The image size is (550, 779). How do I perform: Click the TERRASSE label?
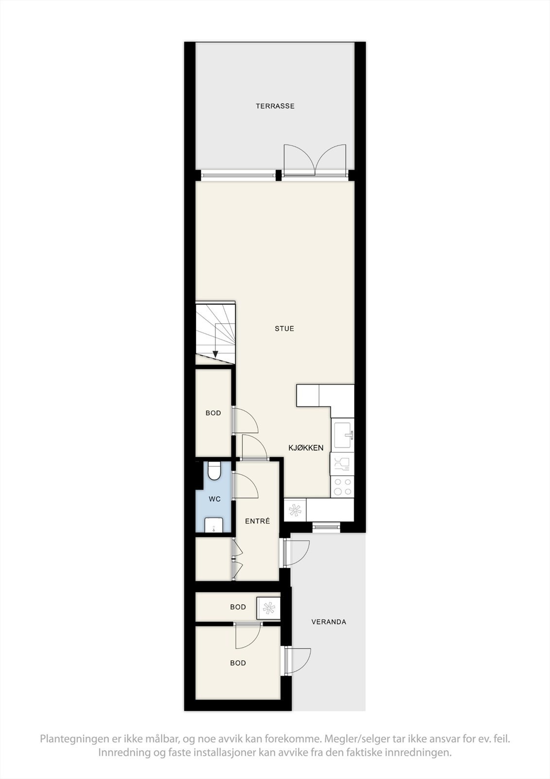[275, 106]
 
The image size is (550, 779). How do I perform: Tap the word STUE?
[284, 329]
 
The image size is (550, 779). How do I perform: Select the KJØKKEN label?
[306, 448]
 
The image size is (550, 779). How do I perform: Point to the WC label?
[214, 499]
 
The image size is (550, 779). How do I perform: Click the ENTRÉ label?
[257, 521]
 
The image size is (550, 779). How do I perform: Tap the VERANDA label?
[329, 622]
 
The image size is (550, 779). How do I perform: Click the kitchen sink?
[343, 435]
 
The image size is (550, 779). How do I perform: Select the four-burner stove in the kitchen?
[342, 486]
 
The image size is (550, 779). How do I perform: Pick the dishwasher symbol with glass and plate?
[342, 464]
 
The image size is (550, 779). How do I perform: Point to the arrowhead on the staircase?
[215, 354]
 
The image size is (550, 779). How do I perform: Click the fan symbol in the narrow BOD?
[268, 608]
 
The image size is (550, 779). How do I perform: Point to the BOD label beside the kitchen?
[213, 413]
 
